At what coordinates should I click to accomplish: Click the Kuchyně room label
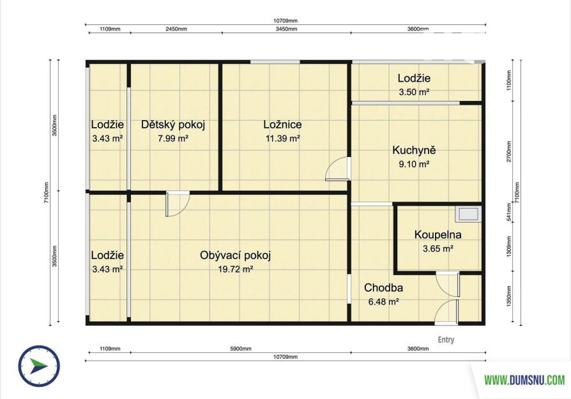[x=414, y=151]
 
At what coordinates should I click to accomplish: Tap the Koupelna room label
[x=438, y=235]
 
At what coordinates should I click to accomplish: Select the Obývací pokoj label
[x=235, y=255]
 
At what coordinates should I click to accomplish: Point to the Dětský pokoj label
[x=173, y=125]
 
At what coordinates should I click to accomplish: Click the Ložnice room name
[x=282, y=124]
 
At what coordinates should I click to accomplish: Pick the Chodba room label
[x=383, y=288]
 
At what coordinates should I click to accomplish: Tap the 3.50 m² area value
[x=414, y=92]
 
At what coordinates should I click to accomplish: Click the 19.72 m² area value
[x=235, y=269]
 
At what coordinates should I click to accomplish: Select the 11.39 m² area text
[x=282, y=139]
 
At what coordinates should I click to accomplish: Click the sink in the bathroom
[x=468, y=214]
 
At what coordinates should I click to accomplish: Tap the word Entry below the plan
[x=446, y=340]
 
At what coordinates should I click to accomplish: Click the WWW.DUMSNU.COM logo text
[x=524, y=380]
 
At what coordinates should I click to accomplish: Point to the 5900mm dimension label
[x=241, y=349]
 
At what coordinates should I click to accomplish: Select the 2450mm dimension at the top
[x=176, y=29]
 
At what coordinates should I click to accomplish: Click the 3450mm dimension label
[x=286, y=29]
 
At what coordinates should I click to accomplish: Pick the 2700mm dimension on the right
[x=509, y=151]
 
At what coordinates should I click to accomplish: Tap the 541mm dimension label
[x=509, y=213]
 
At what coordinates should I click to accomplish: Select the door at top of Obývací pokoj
[x=178, y=204]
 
